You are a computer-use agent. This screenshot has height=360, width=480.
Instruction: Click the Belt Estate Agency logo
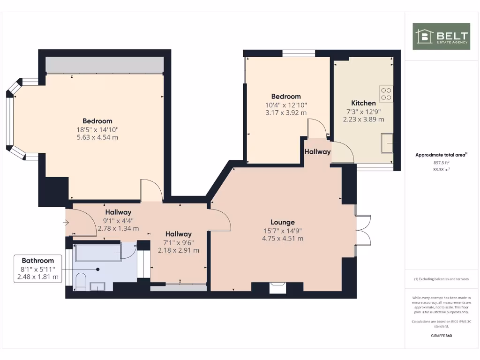[441, 36]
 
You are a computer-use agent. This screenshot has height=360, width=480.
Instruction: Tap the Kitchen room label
[363, 103]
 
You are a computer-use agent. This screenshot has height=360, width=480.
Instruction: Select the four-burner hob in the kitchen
[386, 94]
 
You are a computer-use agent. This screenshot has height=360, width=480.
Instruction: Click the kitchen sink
[387, 143]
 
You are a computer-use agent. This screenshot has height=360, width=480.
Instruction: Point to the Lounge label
[283, 222]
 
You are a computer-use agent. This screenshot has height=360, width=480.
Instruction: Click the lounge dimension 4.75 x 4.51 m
[283, 238]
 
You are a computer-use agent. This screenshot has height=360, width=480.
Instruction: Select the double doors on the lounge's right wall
[363, 230]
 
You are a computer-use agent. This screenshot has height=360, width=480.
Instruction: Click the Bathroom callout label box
[38, 269]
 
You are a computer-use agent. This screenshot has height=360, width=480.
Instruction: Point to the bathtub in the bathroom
[98, 252]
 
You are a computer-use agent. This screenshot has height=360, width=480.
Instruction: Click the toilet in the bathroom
[80, 281]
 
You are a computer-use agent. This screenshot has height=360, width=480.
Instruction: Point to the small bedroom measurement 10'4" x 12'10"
[286, 105]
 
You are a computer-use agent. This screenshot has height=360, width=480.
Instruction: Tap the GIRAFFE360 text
[441, 336]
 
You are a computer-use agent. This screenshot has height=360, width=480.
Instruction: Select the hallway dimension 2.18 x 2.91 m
[178, 250]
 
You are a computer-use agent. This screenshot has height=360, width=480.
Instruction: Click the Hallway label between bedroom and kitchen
[317, 152]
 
